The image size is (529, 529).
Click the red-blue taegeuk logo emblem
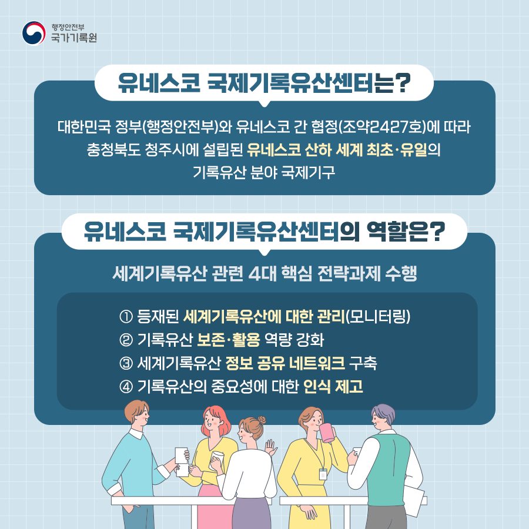(x=34, y=34)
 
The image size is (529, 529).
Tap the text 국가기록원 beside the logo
(x=73, y=39)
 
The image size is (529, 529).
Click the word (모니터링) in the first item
(x=377, y=317)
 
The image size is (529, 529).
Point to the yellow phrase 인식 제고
(x=333, y=387)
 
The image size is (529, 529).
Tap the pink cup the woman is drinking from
(x=327, y=433)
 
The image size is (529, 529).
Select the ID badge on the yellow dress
(x=323, y=474)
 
